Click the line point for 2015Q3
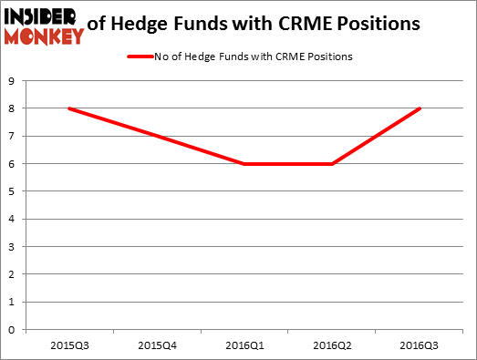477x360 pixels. click(69, 108)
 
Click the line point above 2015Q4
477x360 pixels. click(157, 137)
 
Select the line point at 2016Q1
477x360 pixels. click(245, 164)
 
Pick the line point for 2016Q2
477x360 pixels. click(333, 164)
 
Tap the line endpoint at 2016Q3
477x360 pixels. click(420, 108)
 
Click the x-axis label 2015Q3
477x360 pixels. click(69, 345)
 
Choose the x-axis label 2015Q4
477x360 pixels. click(157, 345)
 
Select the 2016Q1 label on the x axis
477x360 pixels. click(245, 345)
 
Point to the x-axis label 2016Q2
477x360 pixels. click(333, 345)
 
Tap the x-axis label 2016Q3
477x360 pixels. click(420, 345)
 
